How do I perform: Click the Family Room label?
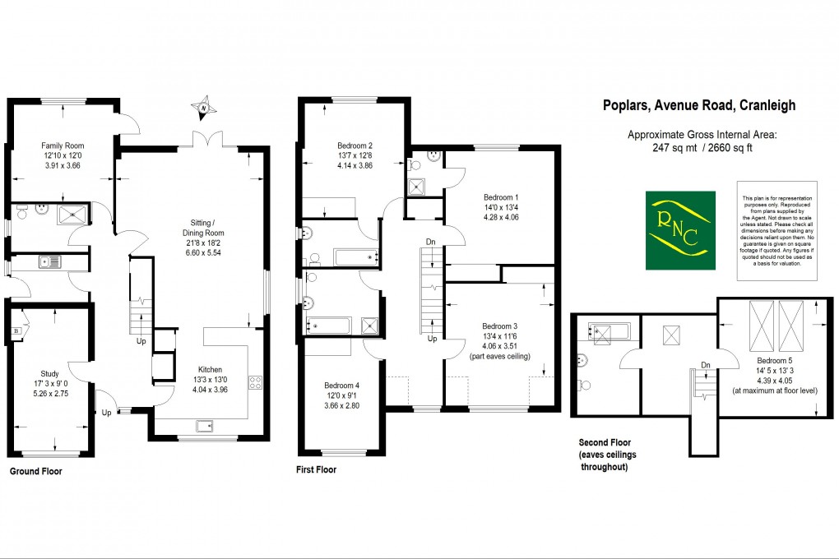pyautogui.click(x=63, y=142)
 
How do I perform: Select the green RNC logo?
pyautogui.click(x=679, y=231)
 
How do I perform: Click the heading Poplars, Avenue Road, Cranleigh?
pyautogui.click(x=699, y=105)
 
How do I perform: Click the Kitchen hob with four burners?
pyautogui.click(x=255, y=381)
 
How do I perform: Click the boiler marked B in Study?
pyautogui.click(x=16, y=331)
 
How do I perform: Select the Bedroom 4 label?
pyautogui.click(x=343, y=386)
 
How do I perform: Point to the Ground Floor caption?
pyautogui.click(x=35, y=472)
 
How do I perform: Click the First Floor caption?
pyautogui.click(x=316, y=470)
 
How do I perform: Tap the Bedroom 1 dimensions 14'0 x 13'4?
pyautogui.click(x=501, y=207)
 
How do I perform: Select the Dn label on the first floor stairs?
pyautogui.click(x=430, y=242)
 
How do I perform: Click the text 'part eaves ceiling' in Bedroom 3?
pyautogui.click(x=500, y=356)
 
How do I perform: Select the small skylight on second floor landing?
pyautogui.click(x=672, y=335)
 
